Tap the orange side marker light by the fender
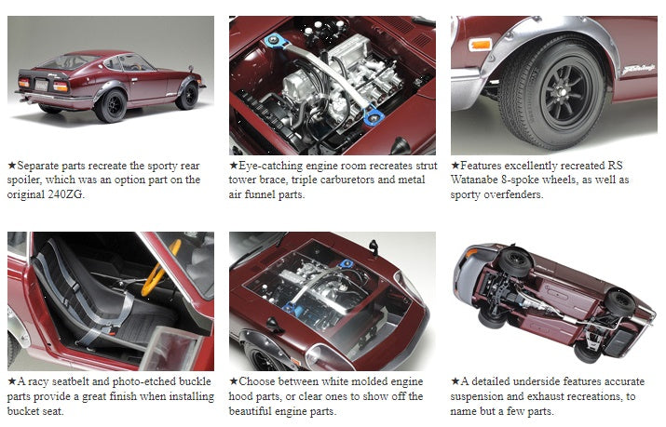point(481,44)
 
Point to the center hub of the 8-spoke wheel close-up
point(562,92)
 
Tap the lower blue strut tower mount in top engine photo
point(374,115)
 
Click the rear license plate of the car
point(41,86)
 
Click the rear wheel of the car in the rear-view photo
point(111,105)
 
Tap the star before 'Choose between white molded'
point(233,381)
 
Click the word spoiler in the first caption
point(24,180)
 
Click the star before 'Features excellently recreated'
point(455,165)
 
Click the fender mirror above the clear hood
point(373,247)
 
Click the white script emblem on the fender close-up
point(638,70)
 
